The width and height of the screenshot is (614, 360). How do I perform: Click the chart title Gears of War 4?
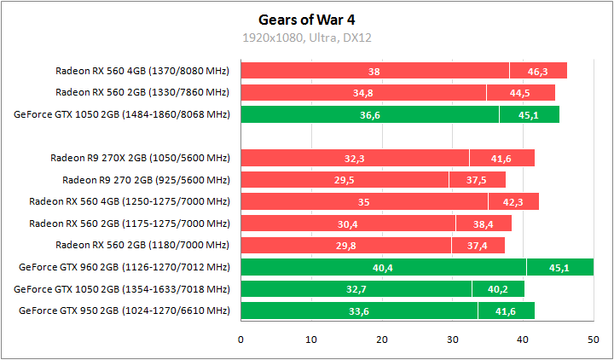pyautogui.click(x=306, y=18)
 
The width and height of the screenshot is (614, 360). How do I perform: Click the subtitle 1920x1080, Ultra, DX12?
pyautogui.click(x=306, y=38)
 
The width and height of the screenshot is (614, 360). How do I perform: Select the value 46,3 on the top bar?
pyautogui.click(x=538, y=71)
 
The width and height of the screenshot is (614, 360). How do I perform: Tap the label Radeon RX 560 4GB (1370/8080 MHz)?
pyautogui.click(x=142, y=71)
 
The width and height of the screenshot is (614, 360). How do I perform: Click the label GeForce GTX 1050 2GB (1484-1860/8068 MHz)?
pyautogui.click(x=122, y=114)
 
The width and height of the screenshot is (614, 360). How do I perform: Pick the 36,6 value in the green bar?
pyautogui.click(x=369, y=115)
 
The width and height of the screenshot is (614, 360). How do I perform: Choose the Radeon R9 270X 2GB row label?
pyautogui.click(x=140, y=158)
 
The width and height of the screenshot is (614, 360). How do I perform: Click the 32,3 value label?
pyautogui.click(x=354, y=159)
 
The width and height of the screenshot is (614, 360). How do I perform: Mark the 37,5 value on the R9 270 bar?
pyautogui.click(x=477, y=180)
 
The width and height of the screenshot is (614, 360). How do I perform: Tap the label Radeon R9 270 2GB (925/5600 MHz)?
pyautogui.click(x=146, y=180)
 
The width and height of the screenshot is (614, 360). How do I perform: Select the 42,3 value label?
pyautogui.click(x=513, y=202)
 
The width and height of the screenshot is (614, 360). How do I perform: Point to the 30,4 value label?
pyautogui.click(x=347, y=224)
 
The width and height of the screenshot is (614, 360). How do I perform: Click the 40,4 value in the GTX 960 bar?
pyautogui.click(x=383, y=268)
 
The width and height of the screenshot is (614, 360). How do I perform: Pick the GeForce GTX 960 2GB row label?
pyautogui.click(x=124, y=268)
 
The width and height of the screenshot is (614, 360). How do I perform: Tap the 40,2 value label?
pyautogui.click(x=498, y=290)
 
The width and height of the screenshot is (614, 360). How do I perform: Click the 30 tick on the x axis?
pyautogui.click(x=453, y=340)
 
